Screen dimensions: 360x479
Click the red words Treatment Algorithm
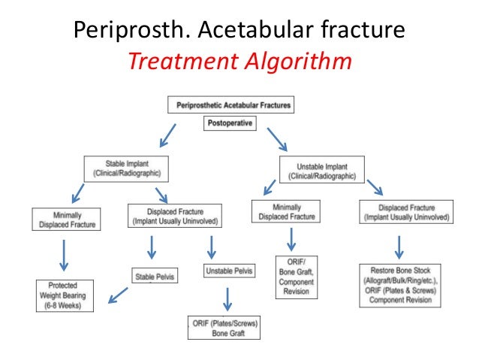click(239, 59)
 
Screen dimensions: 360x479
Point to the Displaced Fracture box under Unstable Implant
click(404, 212)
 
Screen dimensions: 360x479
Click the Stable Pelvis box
click(155, 276)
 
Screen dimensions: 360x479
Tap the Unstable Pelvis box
click(228, 269)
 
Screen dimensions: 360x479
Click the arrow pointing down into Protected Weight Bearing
click(64, 255)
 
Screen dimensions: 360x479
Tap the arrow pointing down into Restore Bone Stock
click(400, 246)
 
